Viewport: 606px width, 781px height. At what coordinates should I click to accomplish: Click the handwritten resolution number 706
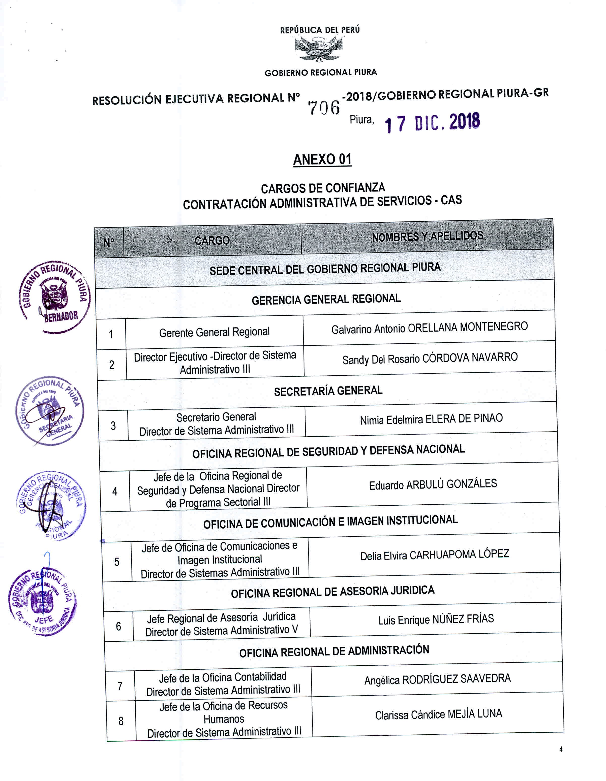pyautogui.click(x=324, y=107)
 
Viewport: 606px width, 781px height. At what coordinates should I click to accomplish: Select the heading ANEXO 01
pyautogui.click(x=322, y=159)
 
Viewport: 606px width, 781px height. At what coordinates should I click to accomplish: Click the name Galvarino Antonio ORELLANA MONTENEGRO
pyautogui.click(x=429, y=328)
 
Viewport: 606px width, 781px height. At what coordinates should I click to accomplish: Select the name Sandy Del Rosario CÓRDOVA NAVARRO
pyautogui.click(x=430, y=358)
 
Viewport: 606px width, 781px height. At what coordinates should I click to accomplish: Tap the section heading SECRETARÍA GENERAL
pyautogui.click(x=328, y=391)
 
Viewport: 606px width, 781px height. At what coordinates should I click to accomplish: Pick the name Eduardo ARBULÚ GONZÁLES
pyautogui.click(x=433, y=484)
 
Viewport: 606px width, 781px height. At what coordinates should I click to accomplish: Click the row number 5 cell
pyautogui.click(x=117, y=562)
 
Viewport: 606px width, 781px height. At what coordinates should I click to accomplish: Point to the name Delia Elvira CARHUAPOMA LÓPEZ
pyautogui.click(x=434, y=555)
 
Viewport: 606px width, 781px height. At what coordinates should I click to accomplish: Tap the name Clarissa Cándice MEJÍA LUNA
pyautogui.click(x=438, y=714)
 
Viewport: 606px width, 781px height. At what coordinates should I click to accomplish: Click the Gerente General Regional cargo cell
pyautogui.click(x=214, y=332)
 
